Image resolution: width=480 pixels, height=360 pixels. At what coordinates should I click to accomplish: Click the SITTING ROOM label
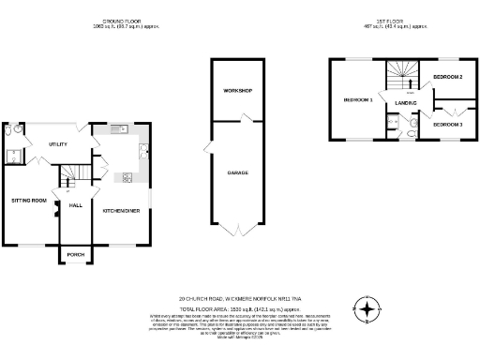tap(28, 201)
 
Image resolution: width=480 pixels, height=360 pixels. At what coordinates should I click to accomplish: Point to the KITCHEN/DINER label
tap(121, 211)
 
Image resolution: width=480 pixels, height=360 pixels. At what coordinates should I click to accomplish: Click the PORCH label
tap(73, 254)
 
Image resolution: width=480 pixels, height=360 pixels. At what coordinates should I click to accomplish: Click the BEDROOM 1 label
tap(357, 99)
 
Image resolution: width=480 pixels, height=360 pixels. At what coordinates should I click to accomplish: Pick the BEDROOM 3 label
tap(448, 124)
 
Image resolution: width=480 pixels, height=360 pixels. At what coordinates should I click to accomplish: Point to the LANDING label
tap(405, 102)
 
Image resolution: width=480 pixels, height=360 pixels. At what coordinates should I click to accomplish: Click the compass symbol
tap(367, 308)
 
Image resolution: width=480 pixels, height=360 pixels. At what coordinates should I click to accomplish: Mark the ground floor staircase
tap(72, 173)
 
